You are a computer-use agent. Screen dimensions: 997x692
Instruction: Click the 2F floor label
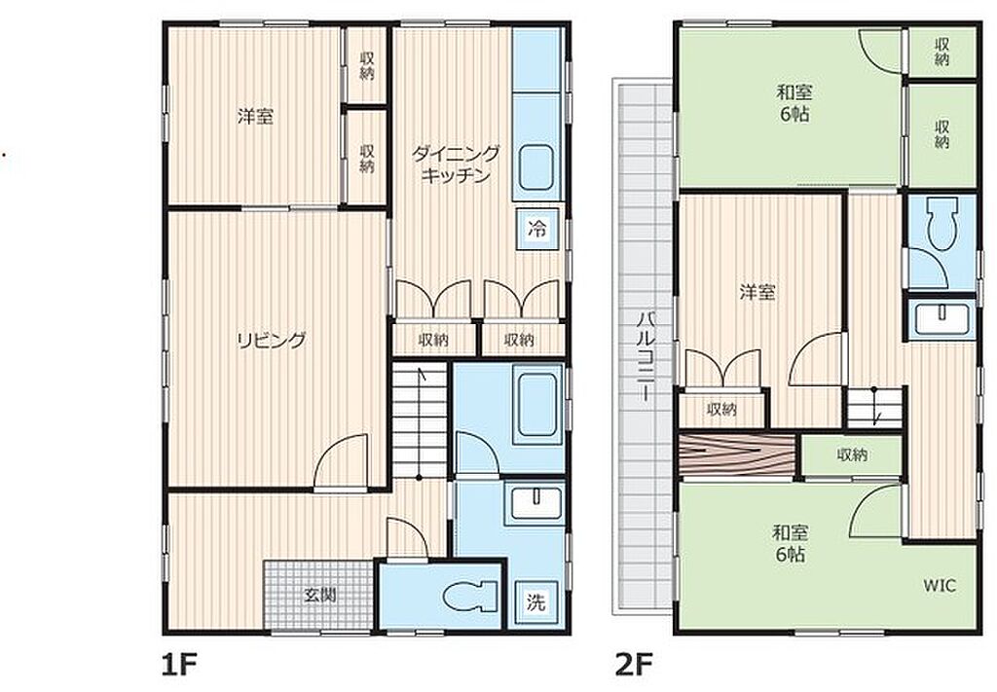tap(634, 666)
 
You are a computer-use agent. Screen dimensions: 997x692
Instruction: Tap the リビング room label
tap(272, 341)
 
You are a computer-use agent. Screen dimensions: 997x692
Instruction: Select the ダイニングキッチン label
tap(456, 164)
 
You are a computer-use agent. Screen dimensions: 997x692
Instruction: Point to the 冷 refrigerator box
tap(537, 229)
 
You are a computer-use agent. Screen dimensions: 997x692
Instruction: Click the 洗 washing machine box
tap(536, 601)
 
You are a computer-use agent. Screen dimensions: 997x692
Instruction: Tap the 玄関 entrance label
tap(319, 596)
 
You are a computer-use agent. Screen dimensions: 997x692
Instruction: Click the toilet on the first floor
tap(470, 598)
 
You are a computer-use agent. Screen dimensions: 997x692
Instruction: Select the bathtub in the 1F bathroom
tap(537, 404)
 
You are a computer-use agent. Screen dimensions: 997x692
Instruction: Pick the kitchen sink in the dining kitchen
tap(535, 166)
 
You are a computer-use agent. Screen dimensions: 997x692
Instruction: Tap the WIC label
tap(940, 585)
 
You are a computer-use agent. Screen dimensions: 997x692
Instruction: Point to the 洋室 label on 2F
tap(757, 292)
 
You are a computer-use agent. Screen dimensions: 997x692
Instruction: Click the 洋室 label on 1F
tap(256, 117)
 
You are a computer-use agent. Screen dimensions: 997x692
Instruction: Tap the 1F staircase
tap(419, 420)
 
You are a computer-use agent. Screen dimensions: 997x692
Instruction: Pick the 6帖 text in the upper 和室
tap(794, 115)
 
